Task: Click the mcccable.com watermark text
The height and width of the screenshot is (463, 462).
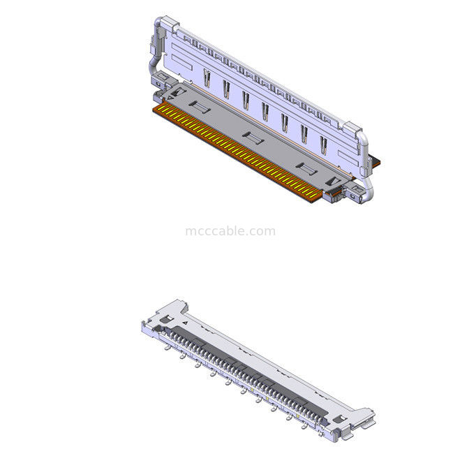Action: pyautogui.click(x=230, y=231)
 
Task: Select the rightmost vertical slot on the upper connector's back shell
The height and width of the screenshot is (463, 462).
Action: pyautogui.click(x=323, y=145)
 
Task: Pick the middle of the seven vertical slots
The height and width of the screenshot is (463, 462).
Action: pyautogui.click(x=265, y=111)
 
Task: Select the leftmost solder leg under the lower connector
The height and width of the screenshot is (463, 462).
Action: pyautogui.click(x=166, y=347)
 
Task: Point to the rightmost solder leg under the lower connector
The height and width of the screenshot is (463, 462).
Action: pyautogui.click(x=305, y=427)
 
